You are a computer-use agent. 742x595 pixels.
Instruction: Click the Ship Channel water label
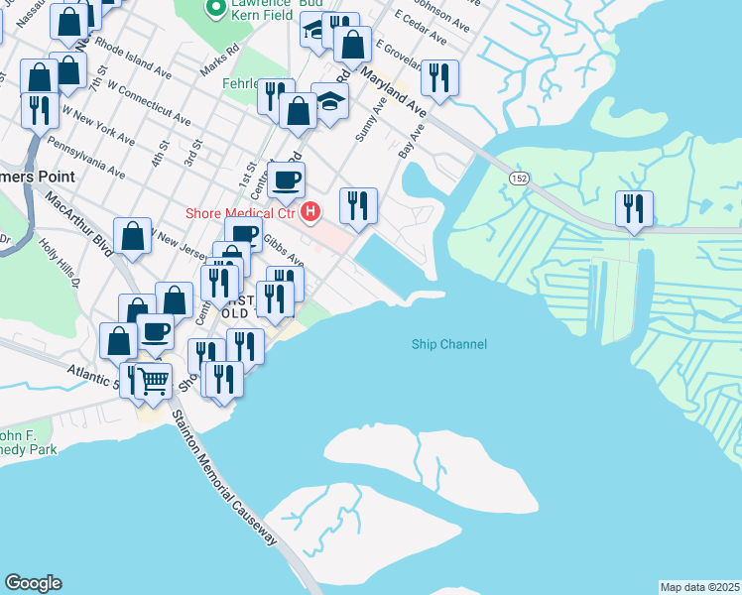tap(449, 344)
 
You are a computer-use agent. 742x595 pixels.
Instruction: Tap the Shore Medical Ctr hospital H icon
tap(311, 211)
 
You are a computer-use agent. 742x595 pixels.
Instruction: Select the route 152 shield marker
tap(519, 177)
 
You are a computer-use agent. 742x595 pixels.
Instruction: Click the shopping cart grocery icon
tap(154, 380)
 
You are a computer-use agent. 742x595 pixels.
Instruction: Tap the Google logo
tap(33, 583)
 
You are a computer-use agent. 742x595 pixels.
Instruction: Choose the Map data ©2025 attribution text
tap(699, 586)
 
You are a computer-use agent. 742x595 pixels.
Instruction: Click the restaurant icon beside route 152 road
tap(633, 208)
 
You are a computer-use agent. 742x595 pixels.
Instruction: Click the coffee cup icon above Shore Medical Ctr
tap(287, 180)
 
